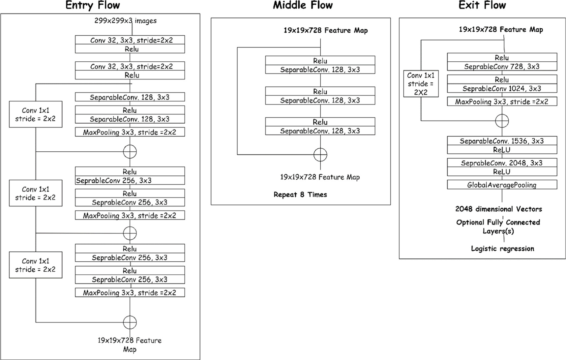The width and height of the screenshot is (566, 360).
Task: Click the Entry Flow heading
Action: [93, 5]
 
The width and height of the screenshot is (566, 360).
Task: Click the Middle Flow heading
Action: [303, 5]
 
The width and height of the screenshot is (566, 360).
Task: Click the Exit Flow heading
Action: [482, 5]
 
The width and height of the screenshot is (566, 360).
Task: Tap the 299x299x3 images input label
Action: [126, 21]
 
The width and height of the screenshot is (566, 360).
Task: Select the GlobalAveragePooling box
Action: [502, 185]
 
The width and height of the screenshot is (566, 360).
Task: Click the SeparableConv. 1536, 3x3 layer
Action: [502, 141]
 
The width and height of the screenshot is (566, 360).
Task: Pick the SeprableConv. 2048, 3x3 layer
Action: [502, 163]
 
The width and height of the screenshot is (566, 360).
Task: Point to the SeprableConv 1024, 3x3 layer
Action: [502, 89]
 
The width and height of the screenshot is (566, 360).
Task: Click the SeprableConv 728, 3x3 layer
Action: [502, 67]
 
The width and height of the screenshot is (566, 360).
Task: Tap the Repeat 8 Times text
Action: [300, 195]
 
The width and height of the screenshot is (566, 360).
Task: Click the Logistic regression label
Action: [502, 249]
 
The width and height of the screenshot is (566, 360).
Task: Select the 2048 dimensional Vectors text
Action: [498, 209]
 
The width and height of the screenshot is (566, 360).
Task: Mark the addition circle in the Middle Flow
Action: [320, 155]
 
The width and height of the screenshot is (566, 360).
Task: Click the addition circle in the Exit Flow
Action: [502, 121]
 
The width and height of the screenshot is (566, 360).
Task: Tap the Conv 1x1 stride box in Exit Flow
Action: [421, 84]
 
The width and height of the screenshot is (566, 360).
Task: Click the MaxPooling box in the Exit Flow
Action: [502, 102]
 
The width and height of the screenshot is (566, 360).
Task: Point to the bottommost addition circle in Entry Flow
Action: [130, 322]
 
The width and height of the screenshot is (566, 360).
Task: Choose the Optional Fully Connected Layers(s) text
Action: [498, 226]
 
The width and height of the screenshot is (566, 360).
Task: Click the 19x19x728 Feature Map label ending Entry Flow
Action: [130, 345]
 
